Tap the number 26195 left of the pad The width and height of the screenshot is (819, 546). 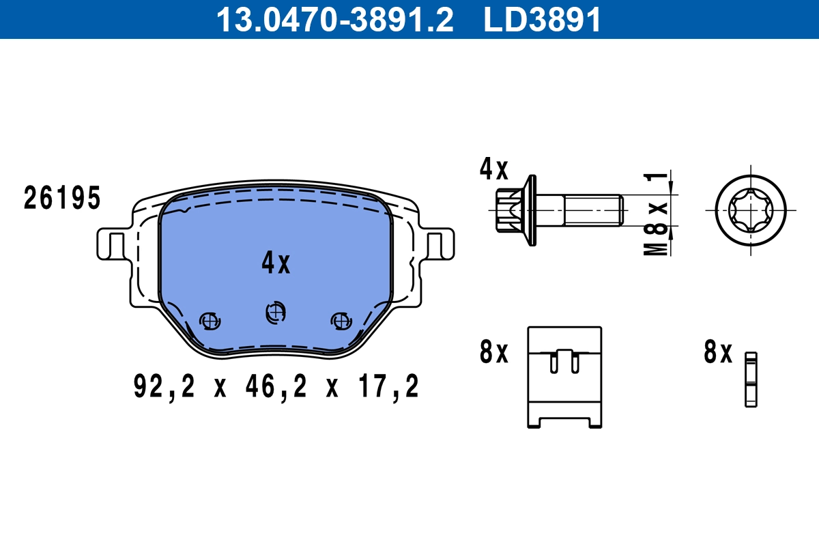[x=62, y=199]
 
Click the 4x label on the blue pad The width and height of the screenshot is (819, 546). [x=276, y=263]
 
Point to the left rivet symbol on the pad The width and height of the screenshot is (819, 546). [x=209, y=319]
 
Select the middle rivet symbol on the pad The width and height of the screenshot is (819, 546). [x=275, y=312]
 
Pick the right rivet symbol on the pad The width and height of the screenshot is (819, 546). [x=340, y=319]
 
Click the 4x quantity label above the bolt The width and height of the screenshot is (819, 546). [x=493, y=169]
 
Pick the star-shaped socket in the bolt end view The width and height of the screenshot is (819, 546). [x=750, y=210]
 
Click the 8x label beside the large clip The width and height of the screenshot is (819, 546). [x=493, y=352]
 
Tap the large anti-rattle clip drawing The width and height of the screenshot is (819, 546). [x=564, y=377]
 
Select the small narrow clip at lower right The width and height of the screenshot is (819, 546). [x=751, y=379]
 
